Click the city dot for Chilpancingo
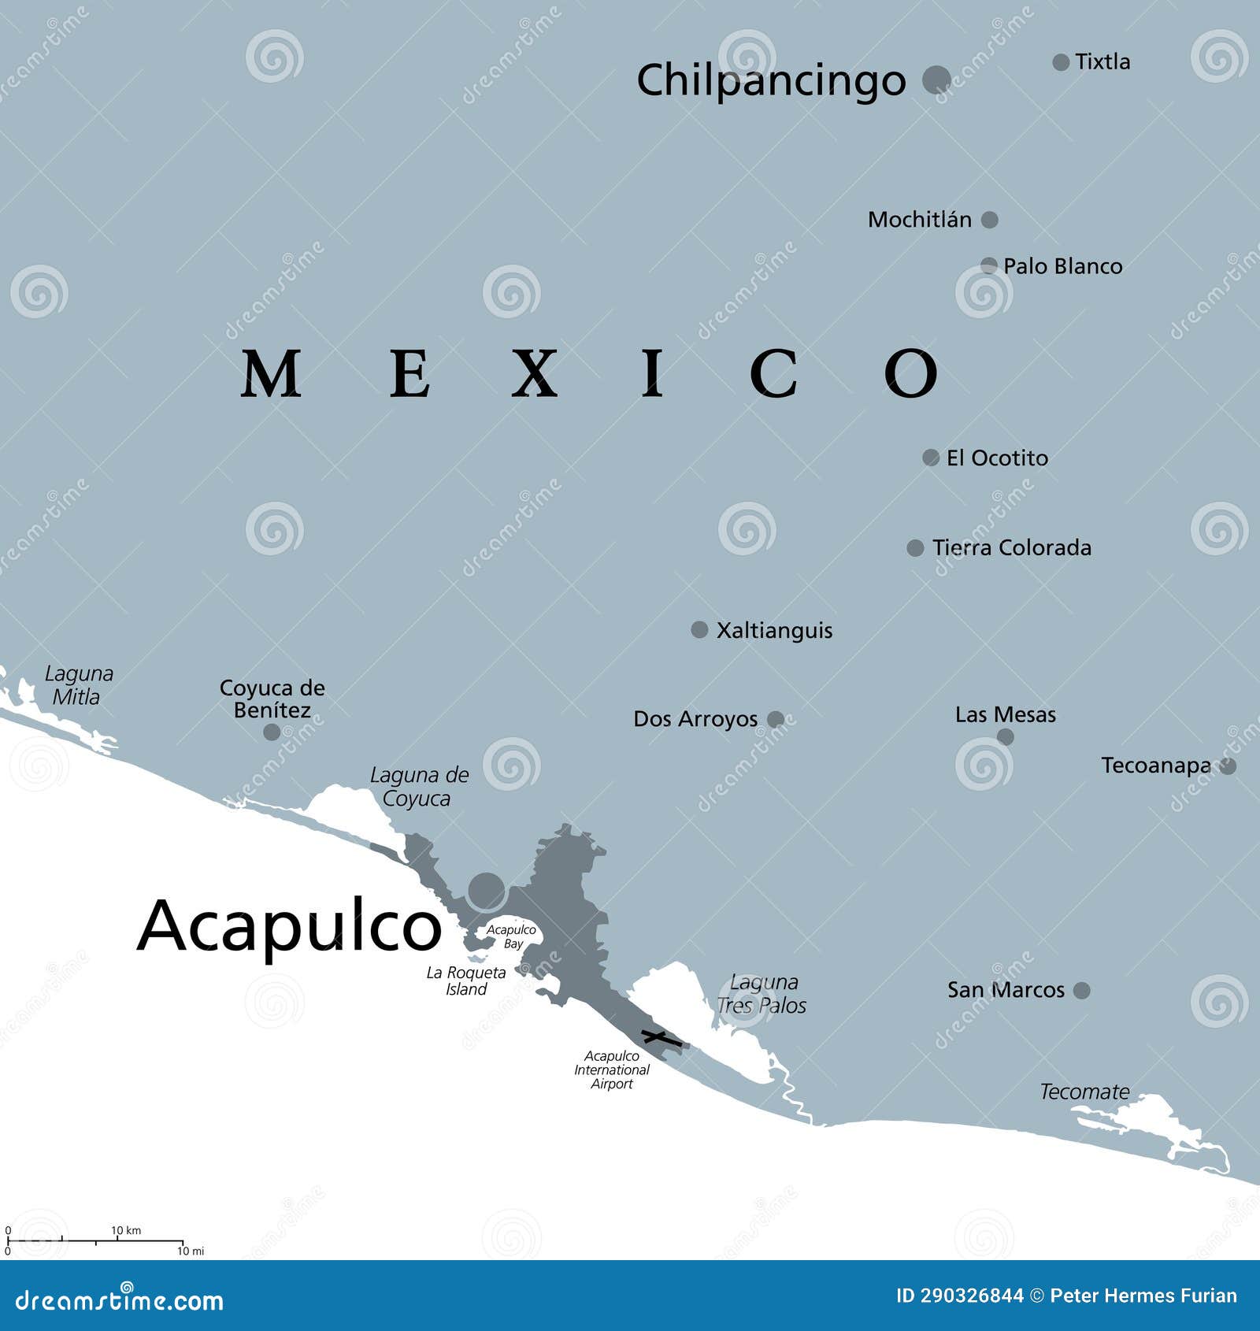tap(936, 79)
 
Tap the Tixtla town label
tap(1102, 61)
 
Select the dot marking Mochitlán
tap(990, 220)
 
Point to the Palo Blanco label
tap(1062, 266)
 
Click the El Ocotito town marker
tap(931, 458)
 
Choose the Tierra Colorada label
tap(1012, 547)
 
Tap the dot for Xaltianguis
tap(699, 629)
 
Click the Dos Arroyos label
tap(695, 719)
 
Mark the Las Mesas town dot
tap(1006, 737)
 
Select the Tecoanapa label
tap(1156, 766)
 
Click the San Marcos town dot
tap(1082, 990)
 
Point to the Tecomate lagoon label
tap(1084, 1092)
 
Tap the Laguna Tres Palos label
tap(762, 994)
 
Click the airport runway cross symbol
tap(661, 1038)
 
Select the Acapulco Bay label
tap(511, 936)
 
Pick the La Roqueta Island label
tap(466, 981)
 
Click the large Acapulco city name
tap(289, 926)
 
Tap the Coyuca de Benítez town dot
tap(272, 732)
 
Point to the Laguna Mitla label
tap(78, 685)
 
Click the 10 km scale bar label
tap(126, 1230)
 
